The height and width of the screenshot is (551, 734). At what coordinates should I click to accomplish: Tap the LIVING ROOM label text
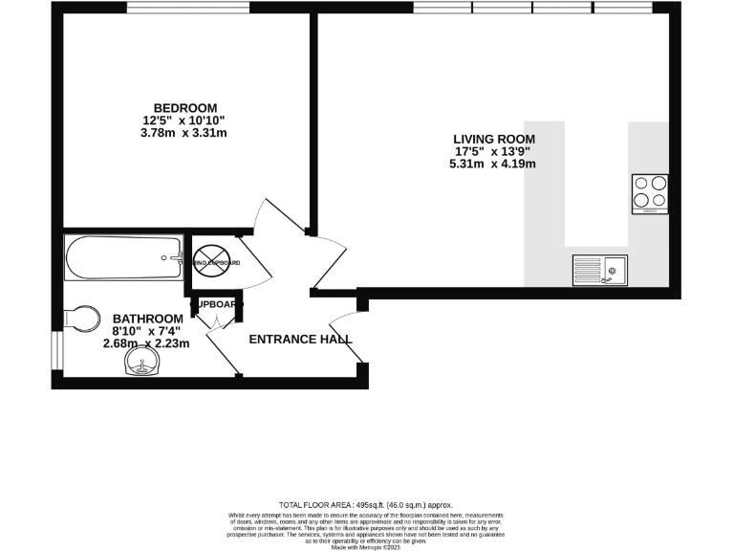coord(493,139)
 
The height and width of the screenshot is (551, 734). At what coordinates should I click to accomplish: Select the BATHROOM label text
coord(147,319)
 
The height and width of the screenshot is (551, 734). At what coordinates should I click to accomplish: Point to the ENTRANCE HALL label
coord(300,340)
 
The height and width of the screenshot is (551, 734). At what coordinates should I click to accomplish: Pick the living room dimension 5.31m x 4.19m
coord(493,164)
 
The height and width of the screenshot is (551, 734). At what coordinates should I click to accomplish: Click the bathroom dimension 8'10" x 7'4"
coord(147,331)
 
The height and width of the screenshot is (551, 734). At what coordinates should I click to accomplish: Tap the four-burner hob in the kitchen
coord(650,192)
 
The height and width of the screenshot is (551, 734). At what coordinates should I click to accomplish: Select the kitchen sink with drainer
coord(599,271)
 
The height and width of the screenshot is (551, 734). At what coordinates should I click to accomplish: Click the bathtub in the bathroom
coord(123,257)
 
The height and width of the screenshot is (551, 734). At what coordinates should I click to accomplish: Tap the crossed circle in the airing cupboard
coord(207,261)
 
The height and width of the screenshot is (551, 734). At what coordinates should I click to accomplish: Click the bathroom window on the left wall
coord(56,351)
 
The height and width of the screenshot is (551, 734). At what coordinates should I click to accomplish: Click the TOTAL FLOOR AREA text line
coord(366,505)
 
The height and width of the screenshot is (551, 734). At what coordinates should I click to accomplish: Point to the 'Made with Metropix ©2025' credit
coord(366,545)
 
